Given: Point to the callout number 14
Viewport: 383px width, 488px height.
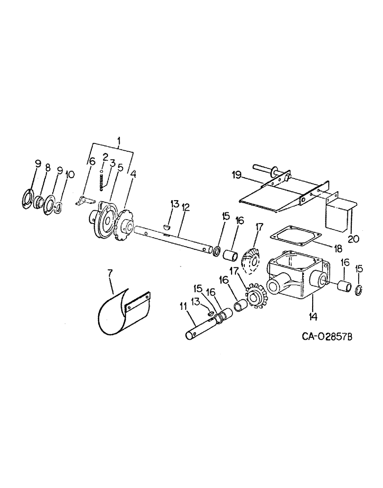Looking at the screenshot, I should (x=313, y=316).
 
